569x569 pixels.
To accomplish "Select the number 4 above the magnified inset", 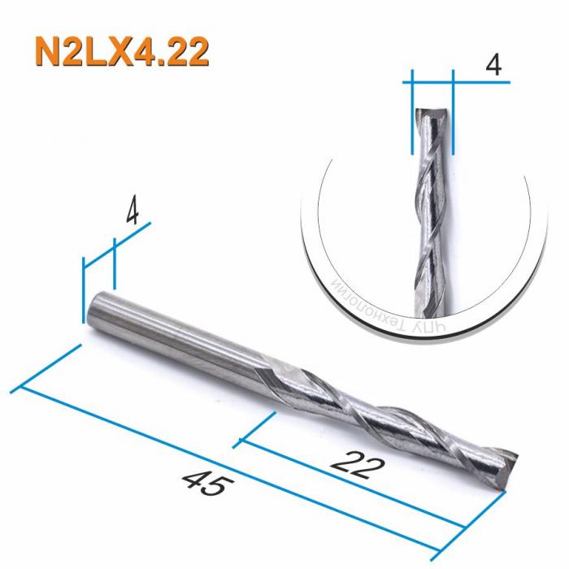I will click(x=492, y=65).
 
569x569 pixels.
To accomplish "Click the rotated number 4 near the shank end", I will click(x=133, y=213).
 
